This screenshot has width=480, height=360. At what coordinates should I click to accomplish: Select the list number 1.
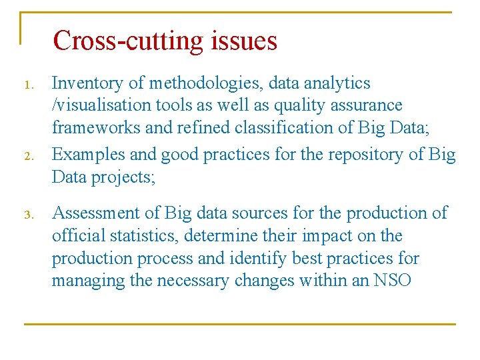27,85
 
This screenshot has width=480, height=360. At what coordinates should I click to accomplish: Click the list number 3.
27,215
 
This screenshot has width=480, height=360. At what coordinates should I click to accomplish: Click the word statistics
143,236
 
